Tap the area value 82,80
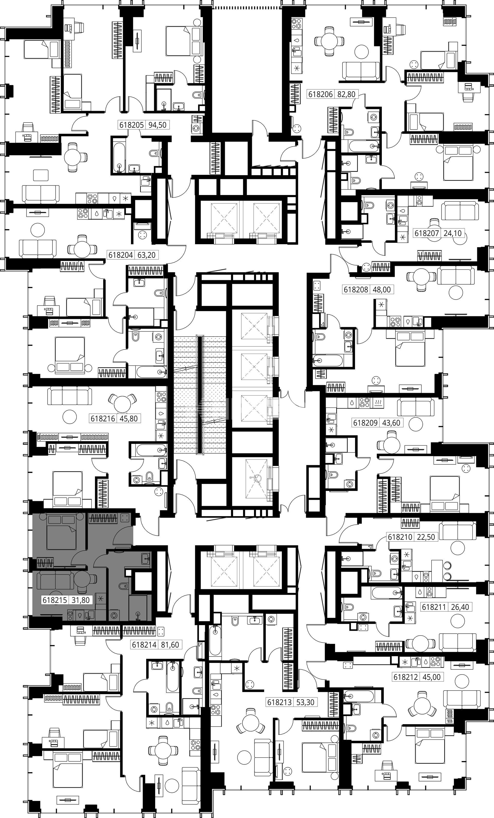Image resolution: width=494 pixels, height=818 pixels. [346, 94]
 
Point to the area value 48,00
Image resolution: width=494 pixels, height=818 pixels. [382, 289]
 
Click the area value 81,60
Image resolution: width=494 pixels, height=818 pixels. [170, 645]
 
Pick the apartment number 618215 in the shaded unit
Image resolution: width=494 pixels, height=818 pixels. [55, 600]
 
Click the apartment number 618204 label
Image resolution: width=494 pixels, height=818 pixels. [121, 255]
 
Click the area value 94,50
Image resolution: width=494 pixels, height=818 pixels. [157, 125]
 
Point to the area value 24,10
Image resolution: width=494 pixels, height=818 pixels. [453, 233]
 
